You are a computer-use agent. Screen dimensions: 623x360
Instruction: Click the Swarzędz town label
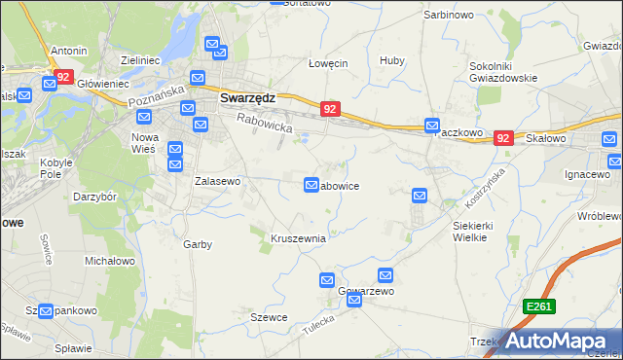[247, 98]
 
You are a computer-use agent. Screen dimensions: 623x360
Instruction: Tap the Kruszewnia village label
[298, 237]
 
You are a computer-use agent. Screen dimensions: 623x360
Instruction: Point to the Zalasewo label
[217, 181]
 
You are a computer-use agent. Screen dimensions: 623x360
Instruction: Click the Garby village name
[198, 244]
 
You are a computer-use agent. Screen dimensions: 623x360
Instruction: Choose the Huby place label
[392, 60]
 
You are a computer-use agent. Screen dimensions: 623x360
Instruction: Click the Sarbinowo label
[449, 16]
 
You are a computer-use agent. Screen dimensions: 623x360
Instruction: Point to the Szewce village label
[269, 318]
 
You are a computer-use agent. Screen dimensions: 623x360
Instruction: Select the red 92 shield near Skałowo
[503, 139]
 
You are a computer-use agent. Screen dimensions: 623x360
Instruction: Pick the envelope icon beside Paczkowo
[432, 126]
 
